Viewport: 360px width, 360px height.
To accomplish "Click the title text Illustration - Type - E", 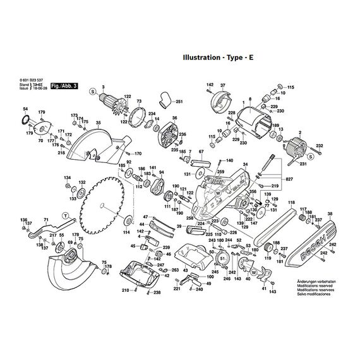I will pos(219,57).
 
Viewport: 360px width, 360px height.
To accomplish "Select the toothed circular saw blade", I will pos(106,201).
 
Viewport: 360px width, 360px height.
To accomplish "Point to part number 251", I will pos(179,102).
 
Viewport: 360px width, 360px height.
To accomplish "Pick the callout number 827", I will pos(290,181).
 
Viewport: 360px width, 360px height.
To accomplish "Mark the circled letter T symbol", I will pos(64,215).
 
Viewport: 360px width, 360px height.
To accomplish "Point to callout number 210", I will pos(126,291).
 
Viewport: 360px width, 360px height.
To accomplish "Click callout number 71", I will pos(45,219).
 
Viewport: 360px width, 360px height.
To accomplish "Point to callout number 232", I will pos(320,146).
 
